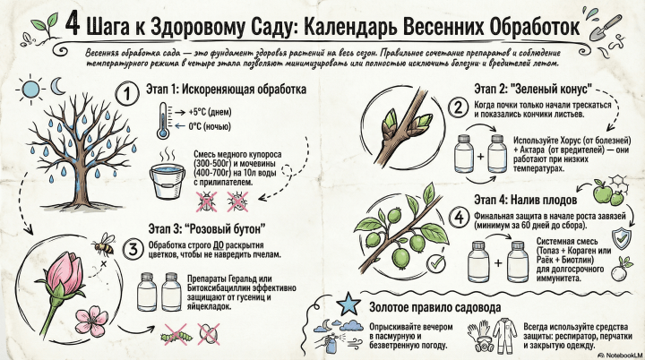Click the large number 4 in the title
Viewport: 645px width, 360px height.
pos(73,24)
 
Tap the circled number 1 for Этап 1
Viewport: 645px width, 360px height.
pos(127,93)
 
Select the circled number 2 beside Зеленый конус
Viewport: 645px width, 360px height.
pos(458,107)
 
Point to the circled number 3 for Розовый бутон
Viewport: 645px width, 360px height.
pos(133,249)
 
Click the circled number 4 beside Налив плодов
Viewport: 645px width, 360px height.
pos(459,217)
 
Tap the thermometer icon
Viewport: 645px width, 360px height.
pos(163,121)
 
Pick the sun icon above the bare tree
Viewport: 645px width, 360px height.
pos(30,89)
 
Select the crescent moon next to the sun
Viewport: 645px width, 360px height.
pos(57,86)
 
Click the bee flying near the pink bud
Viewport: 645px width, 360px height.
pos(104,244)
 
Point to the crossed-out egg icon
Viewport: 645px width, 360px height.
pos(209,334)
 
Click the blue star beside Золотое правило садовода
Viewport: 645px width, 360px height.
pos(348,304)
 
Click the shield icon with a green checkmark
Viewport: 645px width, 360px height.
pos(622,238)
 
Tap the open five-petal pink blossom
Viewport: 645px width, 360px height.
pos(91,321)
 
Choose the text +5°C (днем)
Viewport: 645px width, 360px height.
pos(211,112)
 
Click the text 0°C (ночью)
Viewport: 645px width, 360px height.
pos(210,126)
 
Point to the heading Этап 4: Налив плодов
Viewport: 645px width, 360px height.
pos(525,200)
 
